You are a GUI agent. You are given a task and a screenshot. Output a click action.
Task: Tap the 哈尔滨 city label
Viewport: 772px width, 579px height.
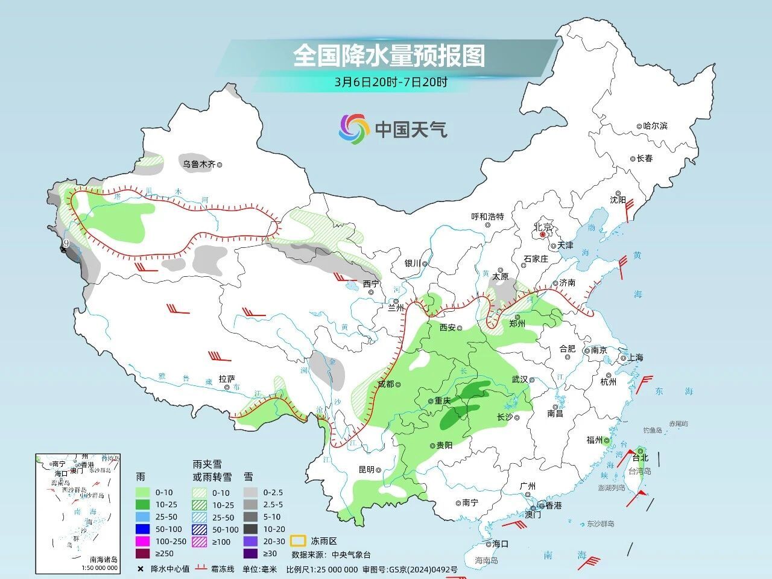coord(655,126)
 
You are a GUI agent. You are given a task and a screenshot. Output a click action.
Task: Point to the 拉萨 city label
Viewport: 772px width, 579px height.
coord(227,379)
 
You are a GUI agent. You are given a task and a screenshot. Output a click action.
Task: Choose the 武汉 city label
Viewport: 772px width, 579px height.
coord(519,379)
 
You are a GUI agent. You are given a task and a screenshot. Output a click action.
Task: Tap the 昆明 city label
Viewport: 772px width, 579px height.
coord(367,469)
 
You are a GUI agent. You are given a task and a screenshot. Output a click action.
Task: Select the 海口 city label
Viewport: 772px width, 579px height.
coord(500,543)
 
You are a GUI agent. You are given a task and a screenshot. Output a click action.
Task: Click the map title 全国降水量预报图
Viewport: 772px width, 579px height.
coord(389,57)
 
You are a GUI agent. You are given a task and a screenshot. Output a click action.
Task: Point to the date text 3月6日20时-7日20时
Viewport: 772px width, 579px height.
coord(391,83)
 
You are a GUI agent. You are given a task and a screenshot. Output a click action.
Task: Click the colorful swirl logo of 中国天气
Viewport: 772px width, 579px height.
coord(353,129)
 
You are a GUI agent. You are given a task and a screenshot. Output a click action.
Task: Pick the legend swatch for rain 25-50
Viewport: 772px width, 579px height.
coord(143,517)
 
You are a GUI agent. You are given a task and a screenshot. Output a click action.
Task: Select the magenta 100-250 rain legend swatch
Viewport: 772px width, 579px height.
coord(143,541)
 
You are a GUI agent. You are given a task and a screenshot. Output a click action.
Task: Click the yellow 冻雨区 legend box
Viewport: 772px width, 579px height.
coord(297,540)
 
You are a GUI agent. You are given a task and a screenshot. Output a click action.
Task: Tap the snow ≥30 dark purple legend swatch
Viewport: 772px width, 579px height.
coord(252,553)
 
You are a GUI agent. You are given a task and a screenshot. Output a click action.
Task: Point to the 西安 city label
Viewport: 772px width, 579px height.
coord(448,327)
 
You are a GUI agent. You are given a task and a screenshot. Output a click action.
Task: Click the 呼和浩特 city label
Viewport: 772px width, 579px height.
coord(487,217)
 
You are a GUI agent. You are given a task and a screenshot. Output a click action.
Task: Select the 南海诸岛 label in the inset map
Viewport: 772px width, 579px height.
coord(103,559)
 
